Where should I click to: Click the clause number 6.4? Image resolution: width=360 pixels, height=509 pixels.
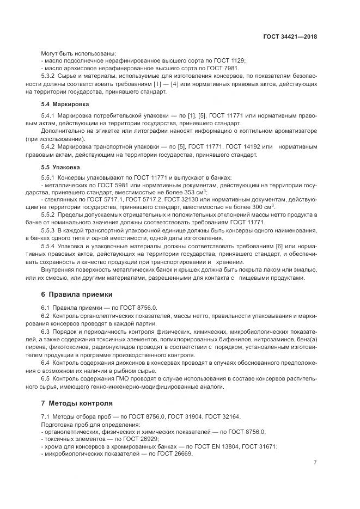click(46, 361)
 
